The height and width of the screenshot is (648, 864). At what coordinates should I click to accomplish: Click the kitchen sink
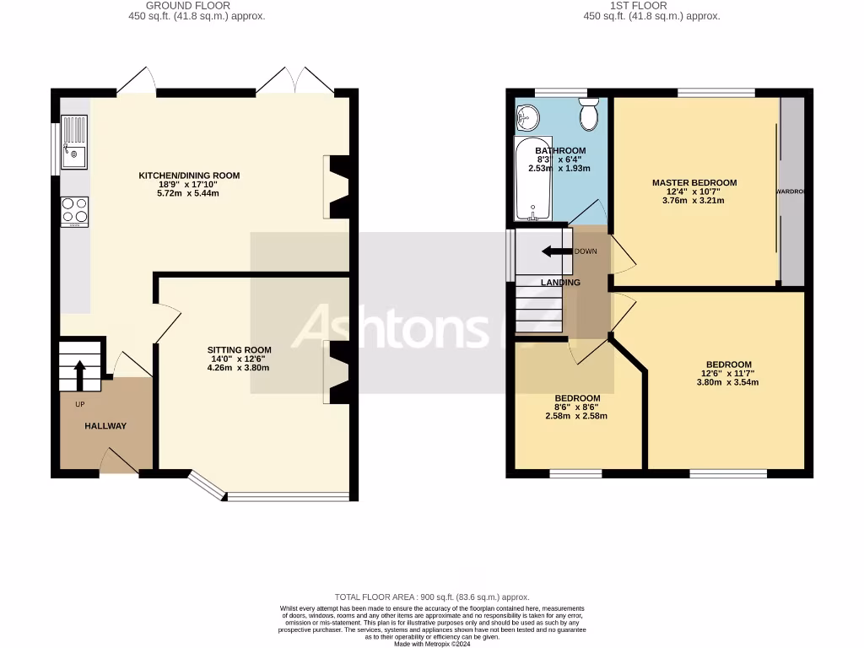click(x=74, y=143)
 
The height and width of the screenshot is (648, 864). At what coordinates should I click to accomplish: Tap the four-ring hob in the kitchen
click(x=74, y=211)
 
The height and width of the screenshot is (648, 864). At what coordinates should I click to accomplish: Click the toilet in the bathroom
click(x=588, y=112)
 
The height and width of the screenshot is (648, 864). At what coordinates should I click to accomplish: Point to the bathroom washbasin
click(x=528, y=116)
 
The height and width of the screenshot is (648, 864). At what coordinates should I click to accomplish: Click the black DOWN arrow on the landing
click(x=556, y=251)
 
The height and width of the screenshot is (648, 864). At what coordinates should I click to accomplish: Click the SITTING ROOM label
click(x=240, y=350)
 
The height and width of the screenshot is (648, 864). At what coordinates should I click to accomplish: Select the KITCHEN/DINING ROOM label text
click(x=189, y=175)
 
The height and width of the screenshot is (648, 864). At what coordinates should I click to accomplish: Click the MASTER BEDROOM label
click(x=694, y=182)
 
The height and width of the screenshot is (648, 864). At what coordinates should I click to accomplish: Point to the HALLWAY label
click(x=105, y=426)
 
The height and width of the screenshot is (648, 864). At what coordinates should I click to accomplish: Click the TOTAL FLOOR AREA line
click(x=432, y=597)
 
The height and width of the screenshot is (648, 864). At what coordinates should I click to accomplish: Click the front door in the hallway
click(x=117, y=462)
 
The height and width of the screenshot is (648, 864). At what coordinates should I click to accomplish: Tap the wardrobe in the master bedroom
click(x=792, y=192)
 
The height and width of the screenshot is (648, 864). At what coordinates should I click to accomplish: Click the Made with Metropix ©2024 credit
click(x=432, y=644)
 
